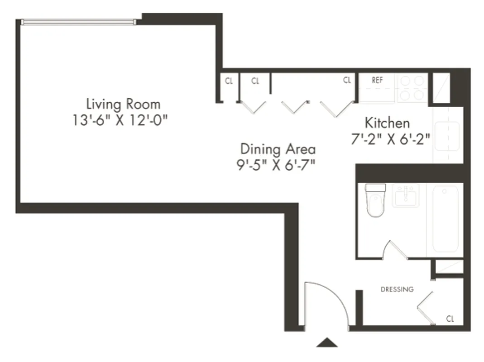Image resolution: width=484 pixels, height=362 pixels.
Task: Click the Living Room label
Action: [x=123, y=104]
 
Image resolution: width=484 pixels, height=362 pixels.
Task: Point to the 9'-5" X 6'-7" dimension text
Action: [x=278, y=163]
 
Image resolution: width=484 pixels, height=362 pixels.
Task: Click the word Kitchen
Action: [x=387, y=123]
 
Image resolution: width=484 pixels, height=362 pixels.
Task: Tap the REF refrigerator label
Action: [x=377, y=80]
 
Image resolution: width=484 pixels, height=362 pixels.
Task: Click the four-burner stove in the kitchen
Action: [x=412, y=88]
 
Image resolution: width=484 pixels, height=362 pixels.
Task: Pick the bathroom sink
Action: [x=405, y=195]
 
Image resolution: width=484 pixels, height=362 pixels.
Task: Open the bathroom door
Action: [x=396, y=250]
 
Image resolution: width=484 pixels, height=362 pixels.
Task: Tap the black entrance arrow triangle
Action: [x=327, y=343]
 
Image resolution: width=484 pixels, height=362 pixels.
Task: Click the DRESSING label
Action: [x=397, y=289]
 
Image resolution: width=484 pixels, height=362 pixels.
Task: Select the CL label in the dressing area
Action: [x=450, y=319]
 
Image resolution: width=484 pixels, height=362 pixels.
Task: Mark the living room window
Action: [x=78, y=21]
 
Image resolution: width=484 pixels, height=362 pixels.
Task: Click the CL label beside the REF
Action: [x=347, y=81]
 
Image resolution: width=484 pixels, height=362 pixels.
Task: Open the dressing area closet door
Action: [x=425, y=308]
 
